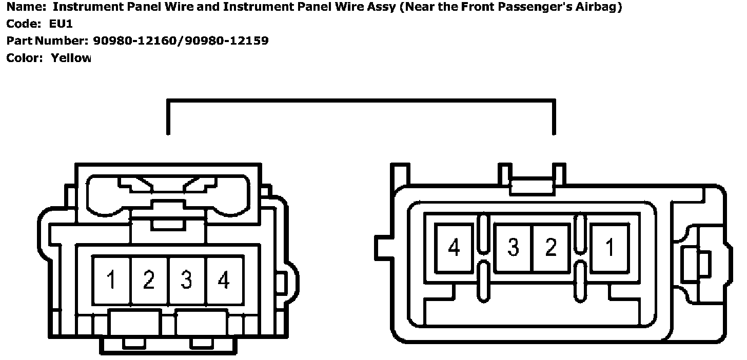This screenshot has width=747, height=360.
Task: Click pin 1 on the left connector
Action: pos(111,281)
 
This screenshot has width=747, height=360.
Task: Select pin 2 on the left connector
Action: pos(149,281)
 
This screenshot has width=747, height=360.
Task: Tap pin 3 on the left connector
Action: pos(187,281)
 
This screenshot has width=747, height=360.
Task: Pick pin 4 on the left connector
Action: pos(224,281)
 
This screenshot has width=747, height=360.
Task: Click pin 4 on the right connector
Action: pos(454,248)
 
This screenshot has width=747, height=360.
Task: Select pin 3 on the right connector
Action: pos(513,248)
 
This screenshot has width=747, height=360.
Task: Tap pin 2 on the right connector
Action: pos(551,248)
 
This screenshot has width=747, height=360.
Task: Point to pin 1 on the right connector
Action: pos(610,248)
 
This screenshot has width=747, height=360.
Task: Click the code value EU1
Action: pos(62,24)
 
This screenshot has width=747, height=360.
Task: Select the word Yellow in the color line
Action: pos(71,58)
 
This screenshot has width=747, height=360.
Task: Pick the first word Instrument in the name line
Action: pos(85,7)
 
